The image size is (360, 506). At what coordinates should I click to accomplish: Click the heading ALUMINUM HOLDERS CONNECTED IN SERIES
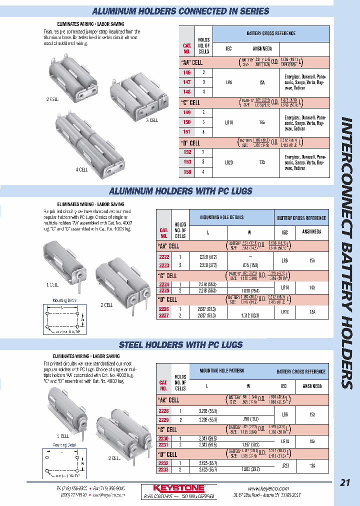[181, 11]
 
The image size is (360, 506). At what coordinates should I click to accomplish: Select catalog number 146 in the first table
[187, 72]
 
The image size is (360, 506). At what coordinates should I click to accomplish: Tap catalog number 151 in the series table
[187, 132]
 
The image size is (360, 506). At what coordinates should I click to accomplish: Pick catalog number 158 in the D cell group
[187, 171]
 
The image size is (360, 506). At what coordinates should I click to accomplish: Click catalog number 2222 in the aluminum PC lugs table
[164, 256]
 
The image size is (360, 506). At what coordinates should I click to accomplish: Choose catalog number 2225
[164, 290]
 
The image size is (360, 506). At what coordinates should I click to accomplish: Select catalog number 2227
[164, 316]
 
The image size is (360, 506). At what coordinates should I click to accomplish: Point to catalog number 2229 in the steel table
[163, 419]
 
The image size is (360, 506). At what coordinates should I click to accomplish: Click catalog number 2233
[163, 470]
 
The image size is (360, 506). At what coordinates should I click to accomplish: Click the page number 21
[345, 482]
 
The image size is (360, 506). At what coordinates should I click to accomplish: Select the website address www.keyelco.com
[269, 488]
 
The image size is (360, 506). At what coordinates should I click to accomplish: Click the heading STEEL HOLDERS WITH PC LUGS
[181, 344]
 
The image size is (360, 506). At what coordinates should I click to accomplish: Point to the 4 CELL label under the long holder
[81, 169]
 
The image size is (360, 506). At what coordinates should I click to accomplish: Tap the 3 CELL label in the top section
[151, 120]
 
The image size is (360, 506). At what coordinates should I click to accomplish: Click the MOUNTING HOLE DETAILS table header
[222, 217]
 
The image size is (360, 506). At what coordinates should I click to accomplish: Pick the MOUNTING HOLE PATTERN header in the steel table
[222, 370]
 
